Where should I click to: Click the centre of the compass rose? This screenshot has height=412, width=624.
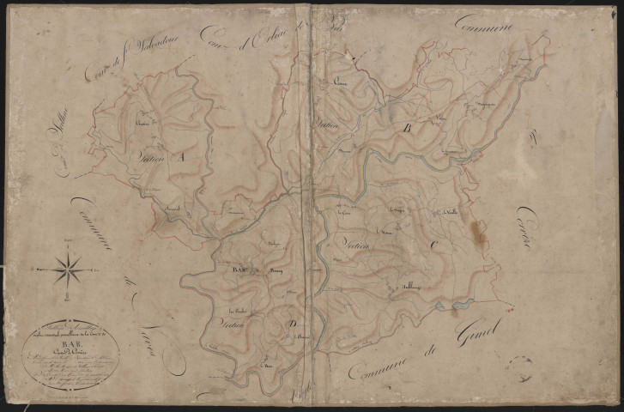point(68,270)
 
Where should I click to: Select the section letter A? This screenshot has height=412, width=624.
point(180,158)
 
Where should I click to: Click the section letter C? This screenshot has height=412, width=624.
point(434,245)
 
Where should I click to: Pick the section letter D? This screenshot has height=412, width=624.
point(293,322)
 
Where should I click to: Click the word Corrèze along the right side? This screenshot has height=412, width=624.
point(526,227)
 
